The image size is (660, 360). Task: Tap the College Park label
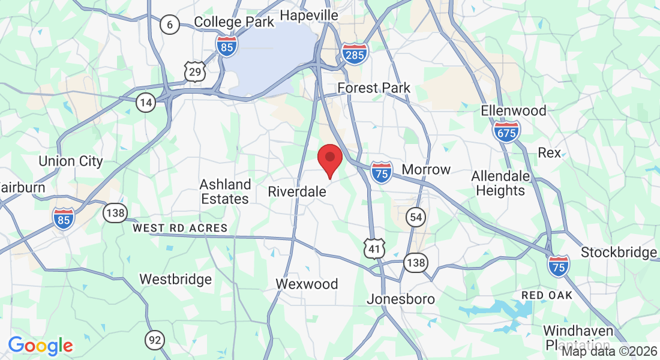(x=234, y=22)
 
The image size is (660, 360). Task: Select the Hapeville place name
(x=309, y=14)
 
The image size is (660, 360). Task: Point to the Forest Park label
(x=374, y=88)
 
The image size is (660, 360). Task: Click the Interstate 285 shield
(x=355, y=55)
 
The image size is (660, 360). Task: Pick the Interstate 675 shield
(x=506, y=131)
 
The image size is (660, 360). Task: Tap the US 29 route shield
(x=196, y=72)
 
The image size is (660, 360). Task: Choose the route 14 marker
(x=145, y=103)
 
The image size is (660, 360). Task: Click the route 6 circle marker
(x=170, y=25)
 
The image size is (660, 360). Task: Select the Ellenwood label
(x=514, y=110)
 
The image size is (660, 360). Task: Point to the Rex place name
(x=549, y=152)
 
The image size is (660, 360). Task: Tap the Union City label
(x=71, y=161)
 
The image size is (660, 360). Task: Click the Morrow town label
(x=426, y=169)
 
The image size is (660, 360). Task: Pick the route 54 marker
(x=415, y=217)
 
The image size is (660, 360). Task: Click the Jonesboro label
(x=401, y=299)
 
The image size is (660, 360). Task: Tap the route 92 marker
(x=155, y=341)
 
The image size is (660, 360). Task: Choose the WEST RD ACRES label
(x=180, y=228)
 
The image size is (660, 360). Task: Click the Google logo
(x=40, y=346)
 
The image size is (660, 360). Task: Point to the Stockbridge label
(x=619, y=253)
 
